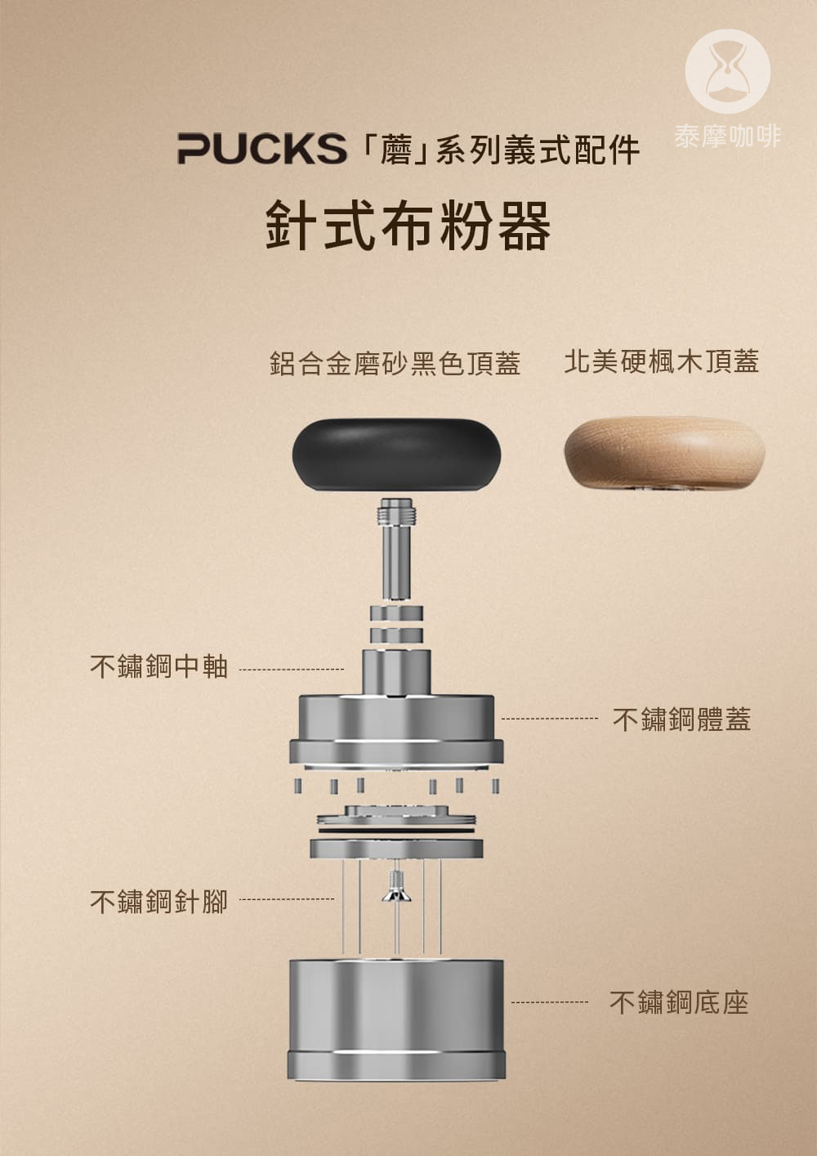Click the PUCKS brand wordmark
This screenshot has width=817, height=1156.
click(x=261, y=149)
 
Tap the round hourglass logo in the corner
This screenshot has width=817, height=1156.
click(x=727, y=71)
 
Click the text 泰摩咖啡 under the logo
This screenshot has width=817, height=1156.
click(x=727, y=137)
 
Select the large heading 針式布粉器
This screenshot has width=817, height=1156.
click(x=408, y=226)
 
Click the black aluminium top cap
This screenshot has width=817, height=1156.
click(x=396, y=455)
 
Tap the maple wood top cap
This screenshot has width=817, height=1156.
click(x=664, y=453)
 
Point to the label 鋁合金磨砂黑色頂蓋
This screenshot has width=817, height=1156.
click(x=395, y=363)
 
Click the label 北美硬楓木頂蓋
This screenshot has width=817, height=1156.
click(x=662, y=361)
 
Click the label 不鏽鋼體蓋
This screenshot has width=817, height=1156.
click(x=681, y=719)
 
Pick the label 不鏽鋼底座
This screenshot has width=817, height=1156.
click(x=679, y=1002)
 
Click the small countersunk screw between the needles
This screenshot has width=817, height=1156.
click(x=396, y=886)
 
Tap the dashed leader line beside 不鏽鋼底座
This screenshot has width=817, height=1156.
click(x=549, y=1002)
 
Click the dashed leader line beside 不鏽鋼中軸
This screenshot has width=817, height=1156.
click(x=292, y=670)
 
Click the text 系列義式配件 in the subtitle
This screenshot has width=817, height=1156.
click(x=537, y=150)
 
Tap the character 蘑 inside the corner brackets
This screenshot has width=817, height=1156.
click(x=395, y=150)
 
